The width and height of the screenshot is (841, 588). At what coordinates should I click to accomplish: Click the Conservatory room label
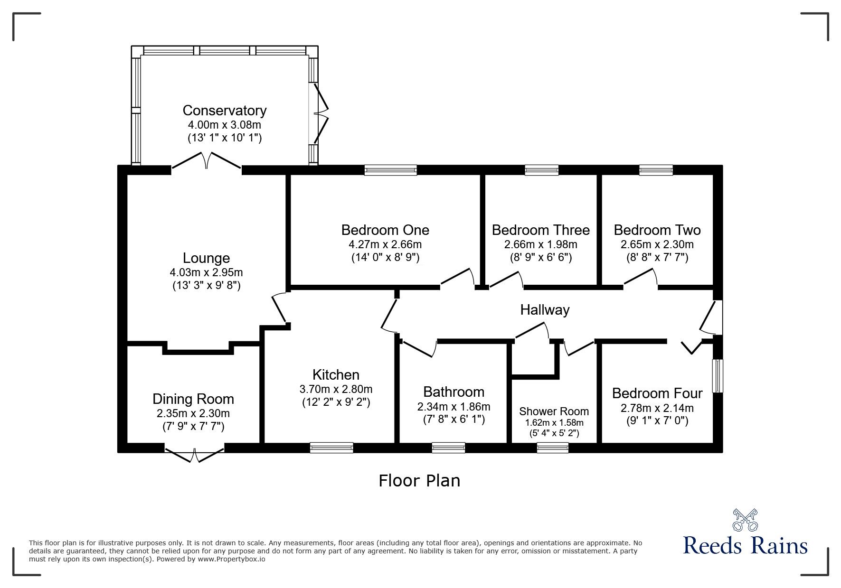pyautogui.click(x=225, y=111)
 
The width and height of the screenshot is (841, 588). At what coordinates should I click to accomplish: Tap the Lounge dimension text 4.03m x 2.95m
pyautogui.click(x=206, y=272)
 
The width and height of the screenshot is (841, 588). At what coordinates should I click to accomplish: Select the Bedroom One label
pyautogui.click(x=385, y=230)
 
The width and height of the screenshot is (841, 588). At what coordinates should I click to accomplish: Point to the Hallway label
pyautogui.click(x=545, y=310)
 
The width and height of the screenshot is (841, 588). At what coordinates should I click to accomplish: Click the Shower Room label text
pyautogui.click(x=554, y=411)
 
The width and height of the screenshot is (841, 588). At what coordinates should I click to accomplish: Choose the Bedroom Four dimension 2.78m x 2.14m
pyautogui.click(x=657, y=408)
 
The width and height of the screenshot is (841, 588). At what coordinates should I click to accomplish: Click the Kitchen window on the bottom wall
pyautogui.click(x=331, y=448)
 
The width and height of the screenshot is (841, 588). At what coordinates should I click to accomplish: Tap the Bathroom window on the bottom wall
pyautogui.click(x=448, y=448)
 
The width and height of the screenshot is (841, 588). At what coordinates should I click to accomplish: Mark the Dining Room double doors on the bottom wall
pyautogui.click(x=195, y=453)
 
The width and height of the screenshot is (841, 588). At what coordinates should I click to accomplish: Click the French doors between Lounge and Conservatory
pyautogui.click(x=207, y=161)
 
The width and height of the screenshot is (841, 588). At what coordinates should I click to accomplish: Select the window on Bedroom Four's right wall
pyautogui.click(x=718, y=376)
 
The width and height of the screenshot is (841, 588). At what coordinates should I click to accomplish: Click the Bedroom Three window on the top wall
pyautogui.click(x=541, y=170)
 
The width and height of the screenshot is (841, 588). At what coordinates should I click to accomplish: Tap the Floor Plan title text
pyautogui.click(x=419, y=481)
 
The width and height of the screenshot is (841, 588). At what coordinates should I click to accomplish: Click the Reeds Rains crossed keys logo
pyautogui.click(x=746, y=520)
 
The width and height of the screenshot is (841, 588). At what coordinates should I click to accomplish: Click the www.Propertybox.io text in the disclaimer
pyautogui.click(x=231, y=559)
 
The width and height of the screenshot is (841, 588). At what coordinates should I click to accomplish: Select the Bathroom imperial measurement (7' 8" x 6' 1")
pyautogui.click(x=454, y=420)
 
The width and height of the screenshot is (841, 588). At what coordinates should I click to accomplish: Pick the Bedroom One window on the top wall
pyautogui.click(x=390, y=170)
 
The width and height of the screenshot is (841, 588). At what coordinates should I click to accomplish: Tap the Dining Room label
pyautogui.click(x=193, y=399)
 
